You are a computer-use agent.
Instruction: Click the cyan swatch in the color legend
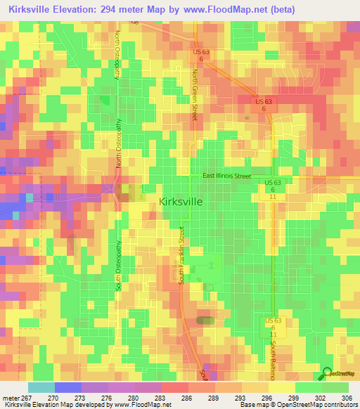[41, 387]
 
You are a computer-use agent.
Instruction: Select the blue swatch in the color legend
[68, 387]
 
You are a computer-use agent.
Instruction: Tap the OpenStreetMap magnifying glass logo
[327, 373]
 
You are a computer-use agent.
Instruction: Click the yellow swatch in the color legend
[282, 387]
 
